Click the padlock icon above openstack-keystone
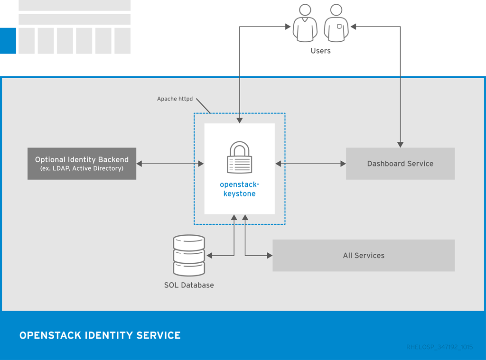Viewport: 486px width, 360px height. [240, 157]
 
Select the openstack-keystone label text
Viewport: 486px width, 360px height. [240, 189]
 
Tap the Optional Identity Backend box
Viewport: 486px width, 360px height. [82, 164]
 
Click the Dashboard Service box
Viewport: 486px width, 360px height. [400, 164]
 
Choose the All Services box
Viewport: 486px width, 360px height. [364, 255]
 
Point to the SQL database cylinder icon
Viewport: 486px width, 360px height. [189, 255]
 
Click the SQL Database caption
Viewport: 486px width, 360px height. [189, 285]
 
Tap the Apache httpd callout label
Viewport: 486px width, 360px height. [175, 99]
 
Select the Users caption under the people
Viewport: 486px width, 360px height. [320, 51]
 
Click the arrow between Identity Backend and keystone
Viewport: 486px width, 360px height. [170, 164]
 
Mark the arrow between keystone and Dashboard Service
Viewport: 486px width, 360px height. [310, 164]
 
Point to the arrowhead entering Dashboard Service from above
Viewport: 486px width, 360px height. [400, 144]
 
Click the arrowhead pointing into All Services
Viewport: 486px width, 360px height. [270, 256]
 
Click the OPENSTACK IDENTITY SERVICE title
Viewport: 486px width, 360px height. [100, 335]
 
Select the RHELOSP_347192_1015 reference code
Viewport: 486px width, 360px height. [439, 347]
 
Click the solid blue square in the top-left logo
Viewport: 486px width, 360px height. [8, 41]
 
